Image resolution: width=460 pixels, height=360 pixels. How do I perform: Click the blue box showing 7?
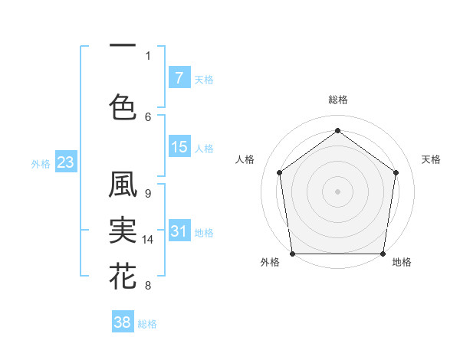click(179, 78)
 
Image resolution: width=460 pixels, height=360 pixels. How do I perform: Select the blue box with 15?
click(179, 147)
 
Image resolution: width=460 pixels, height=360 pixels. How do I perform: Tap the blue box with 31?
click(179, 232)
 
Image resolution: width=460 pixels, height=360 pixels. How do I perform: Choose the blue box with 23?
click(65, 162)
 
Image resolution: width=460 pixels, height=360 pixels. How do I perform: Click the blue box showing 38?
click(123, 322)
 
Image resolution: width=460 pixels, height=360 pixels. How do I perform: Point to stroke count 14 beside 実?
click(148, 240)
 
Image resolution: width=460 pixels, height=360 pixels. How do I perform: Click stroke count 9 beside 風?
click(147, 194)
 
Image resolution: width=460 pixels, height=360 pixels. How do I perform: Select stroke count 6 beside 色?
click(147, 116)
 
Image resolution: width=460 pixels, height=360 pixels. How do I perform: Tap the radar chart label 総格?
click(338, 100)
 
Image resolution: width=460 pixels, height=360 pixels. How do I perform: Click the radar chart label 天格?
click(432, 159)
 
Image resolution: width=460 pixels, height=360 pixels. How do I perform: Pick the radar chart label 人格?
click(245, 159)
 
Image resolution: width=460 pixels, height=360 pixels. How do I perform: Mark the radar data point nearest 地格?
click(383, 254)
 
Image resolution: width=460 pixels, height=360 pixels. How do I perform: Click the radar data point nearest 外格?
click(292, 254)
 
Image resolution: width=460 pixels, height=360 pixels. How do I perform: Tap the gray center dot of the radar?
click(337, 191)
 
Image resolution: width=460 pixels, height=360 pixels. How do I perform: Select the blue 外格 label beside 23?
click(40, 163)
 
